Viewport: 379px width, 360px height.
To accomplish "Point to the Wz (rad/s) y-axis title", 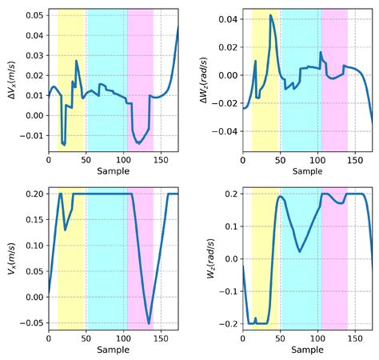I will coord(214,261).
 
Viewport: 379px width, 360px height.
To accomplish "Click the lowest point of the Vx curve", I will coord(149,323).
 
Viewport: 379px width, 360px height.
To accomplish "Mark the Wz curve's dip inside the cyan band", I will coord(299,252).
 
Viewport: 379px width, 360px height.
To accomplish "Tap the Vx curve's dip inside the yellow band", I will coord(66,230).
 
